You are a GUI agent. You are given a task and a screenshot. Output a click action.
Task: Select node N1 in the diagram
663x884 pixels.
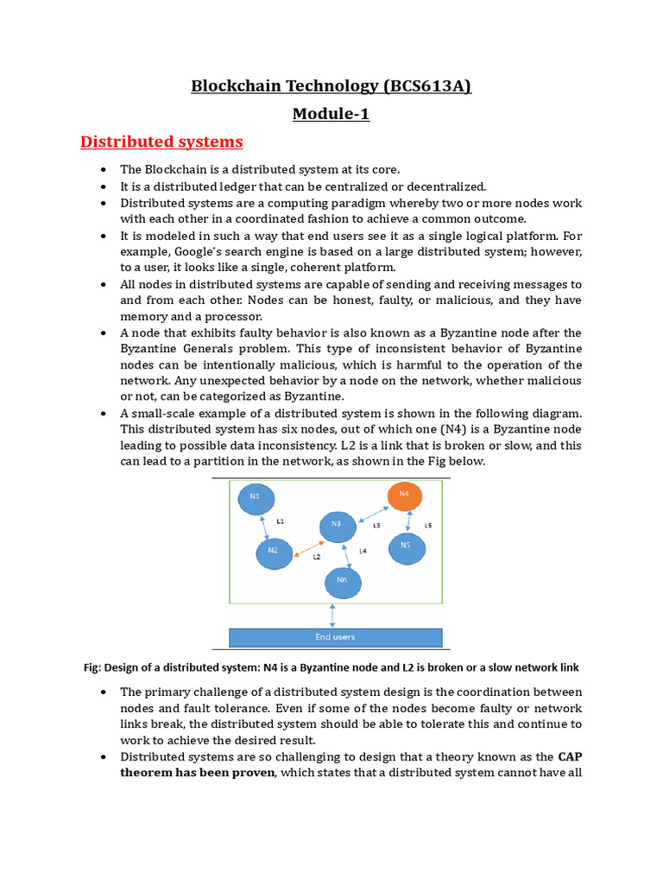(255, 498)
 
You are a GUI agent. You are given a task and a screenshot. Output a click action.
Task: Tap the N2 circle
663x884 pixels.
(274, 551)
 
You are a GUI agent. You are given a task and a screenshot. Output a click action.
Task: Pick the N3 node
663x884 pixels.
(337, 526)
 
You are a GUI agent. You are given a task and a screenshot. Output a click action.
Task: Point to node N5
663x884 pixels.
(406, 547)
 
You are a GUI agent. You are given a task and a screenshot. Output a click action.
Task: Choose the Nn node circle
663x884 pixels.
(343, 583)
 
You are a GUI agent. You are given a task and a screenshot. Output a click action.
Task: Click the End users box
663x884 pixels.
(335, 637)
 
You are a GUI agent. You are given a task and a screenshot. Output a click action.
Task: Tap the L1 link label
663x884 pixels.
(281, 521)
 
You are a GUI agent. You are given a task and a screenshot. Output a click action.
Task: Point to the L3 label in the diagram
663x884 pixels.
(376, 526)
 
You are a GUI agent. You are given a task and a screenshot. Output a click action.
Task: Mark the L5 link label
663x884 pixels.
(428, 525)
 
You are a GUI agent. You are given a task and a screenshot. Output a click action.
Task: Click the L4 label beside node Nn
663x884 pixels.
(363, 551)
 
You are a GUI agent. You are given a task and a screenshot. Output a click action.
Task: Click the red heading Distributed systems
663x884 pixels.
(161, 141)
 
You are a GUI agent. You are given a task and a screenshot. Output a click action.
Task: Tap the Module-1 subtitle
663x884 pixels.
(331, 114)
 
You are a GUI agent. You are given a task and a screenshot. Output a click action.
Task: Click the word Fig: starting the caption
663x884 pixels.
(92, 667)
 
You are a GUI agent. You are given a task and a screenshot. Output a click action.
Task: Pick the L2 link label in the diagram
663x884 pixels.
(317, 558)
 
